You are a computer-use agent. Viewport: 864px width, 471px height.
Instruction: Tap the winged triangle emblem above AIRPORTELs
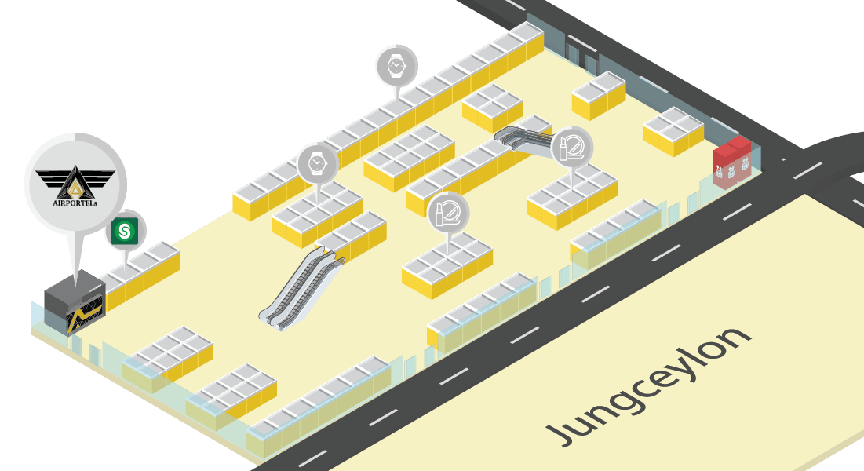(x=75, y=179)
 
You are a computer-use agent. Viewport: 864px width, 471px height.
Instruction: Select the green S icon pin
(x=124, y=231)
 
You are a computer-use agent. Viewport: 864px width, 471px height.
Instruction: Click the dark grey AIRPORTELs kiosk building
(x=75, y=306)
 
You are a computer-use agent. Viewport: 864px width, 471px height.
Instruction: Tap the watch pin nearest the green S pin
(x=317, y=164)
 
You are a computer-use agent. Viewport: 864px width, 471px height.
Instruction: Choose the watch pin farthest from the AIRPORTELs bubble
(x=396, y=65)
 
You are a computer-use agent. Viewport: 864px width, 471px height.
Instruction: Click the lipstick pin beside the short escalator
(x=571, y=147)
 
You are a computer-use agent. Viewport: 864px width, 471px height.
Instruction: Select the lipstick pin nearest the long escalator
(x=448, y=211)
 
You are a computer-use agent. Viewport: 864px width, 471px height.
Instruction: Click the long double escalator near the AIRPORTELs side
(x=302, y=287)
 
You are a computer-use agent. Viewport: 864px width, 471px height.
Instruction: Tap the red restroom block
(x=731, y=162)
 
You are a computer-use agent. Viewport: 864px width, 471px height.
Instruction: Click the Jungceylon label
(x=648, y=385)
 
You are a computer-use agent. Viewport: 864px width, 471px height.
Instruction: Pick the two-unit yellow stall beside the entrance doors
(x=598, y=95)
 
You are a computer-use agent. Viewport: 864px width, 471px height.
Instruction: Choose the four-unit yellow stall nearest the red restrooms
(x=673, y=131)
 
